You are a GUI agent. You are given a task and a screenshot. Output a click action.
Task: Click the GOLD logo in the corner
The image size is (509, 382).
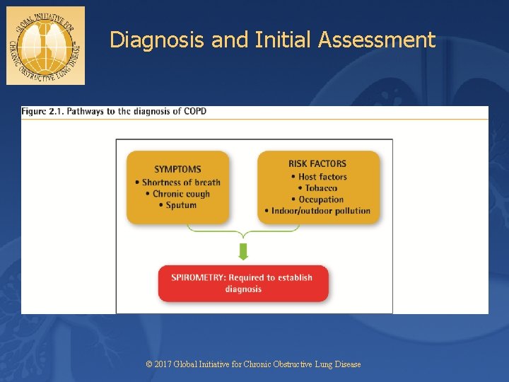[x=45, y=45]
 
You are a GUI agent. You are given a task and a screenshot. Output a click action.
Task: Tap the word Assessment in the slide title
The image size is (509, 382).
[x=377, y=40]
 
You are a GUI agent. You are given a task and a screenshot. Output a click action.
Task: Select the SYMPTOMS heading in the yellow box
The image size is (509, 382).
[x=177, y=169]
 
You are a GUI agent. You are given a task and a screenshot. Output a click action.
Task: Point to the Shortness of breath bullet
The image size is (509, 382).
[x=177, y=183]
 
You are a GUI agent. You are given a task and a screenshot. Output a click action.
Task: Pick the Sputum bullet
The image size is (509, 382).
[x=177, y=205]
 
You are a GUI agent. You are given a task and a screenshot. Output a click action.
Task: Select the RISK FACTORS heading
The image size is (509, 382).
[x=317, y=164]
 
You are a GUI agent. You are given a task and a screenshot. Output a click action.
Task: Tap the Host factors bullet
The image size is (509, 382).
[x=319, y=176]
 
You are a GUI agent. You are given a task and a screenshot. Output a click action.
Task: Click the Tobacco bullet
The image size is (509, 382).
[x=318, y=187]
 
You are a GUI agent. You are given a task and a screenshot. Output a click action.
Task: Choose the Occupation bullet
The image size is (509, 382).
[x=318, y=199]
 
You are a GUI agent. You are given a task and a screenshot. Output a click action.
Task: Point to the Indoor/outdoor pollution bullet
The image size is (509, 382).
[x=317, y=210]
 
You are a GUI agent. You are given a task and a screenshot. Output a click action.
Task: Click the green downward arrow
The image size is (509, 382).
[x=243, y=252]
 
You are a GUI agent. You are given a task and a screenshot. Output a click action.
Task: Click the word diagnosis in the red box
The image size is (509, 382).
[x=243, y=289]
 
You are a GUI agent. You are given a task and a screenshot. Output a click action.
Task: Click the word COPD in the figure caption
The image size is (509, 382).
[x=194, y=111]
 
